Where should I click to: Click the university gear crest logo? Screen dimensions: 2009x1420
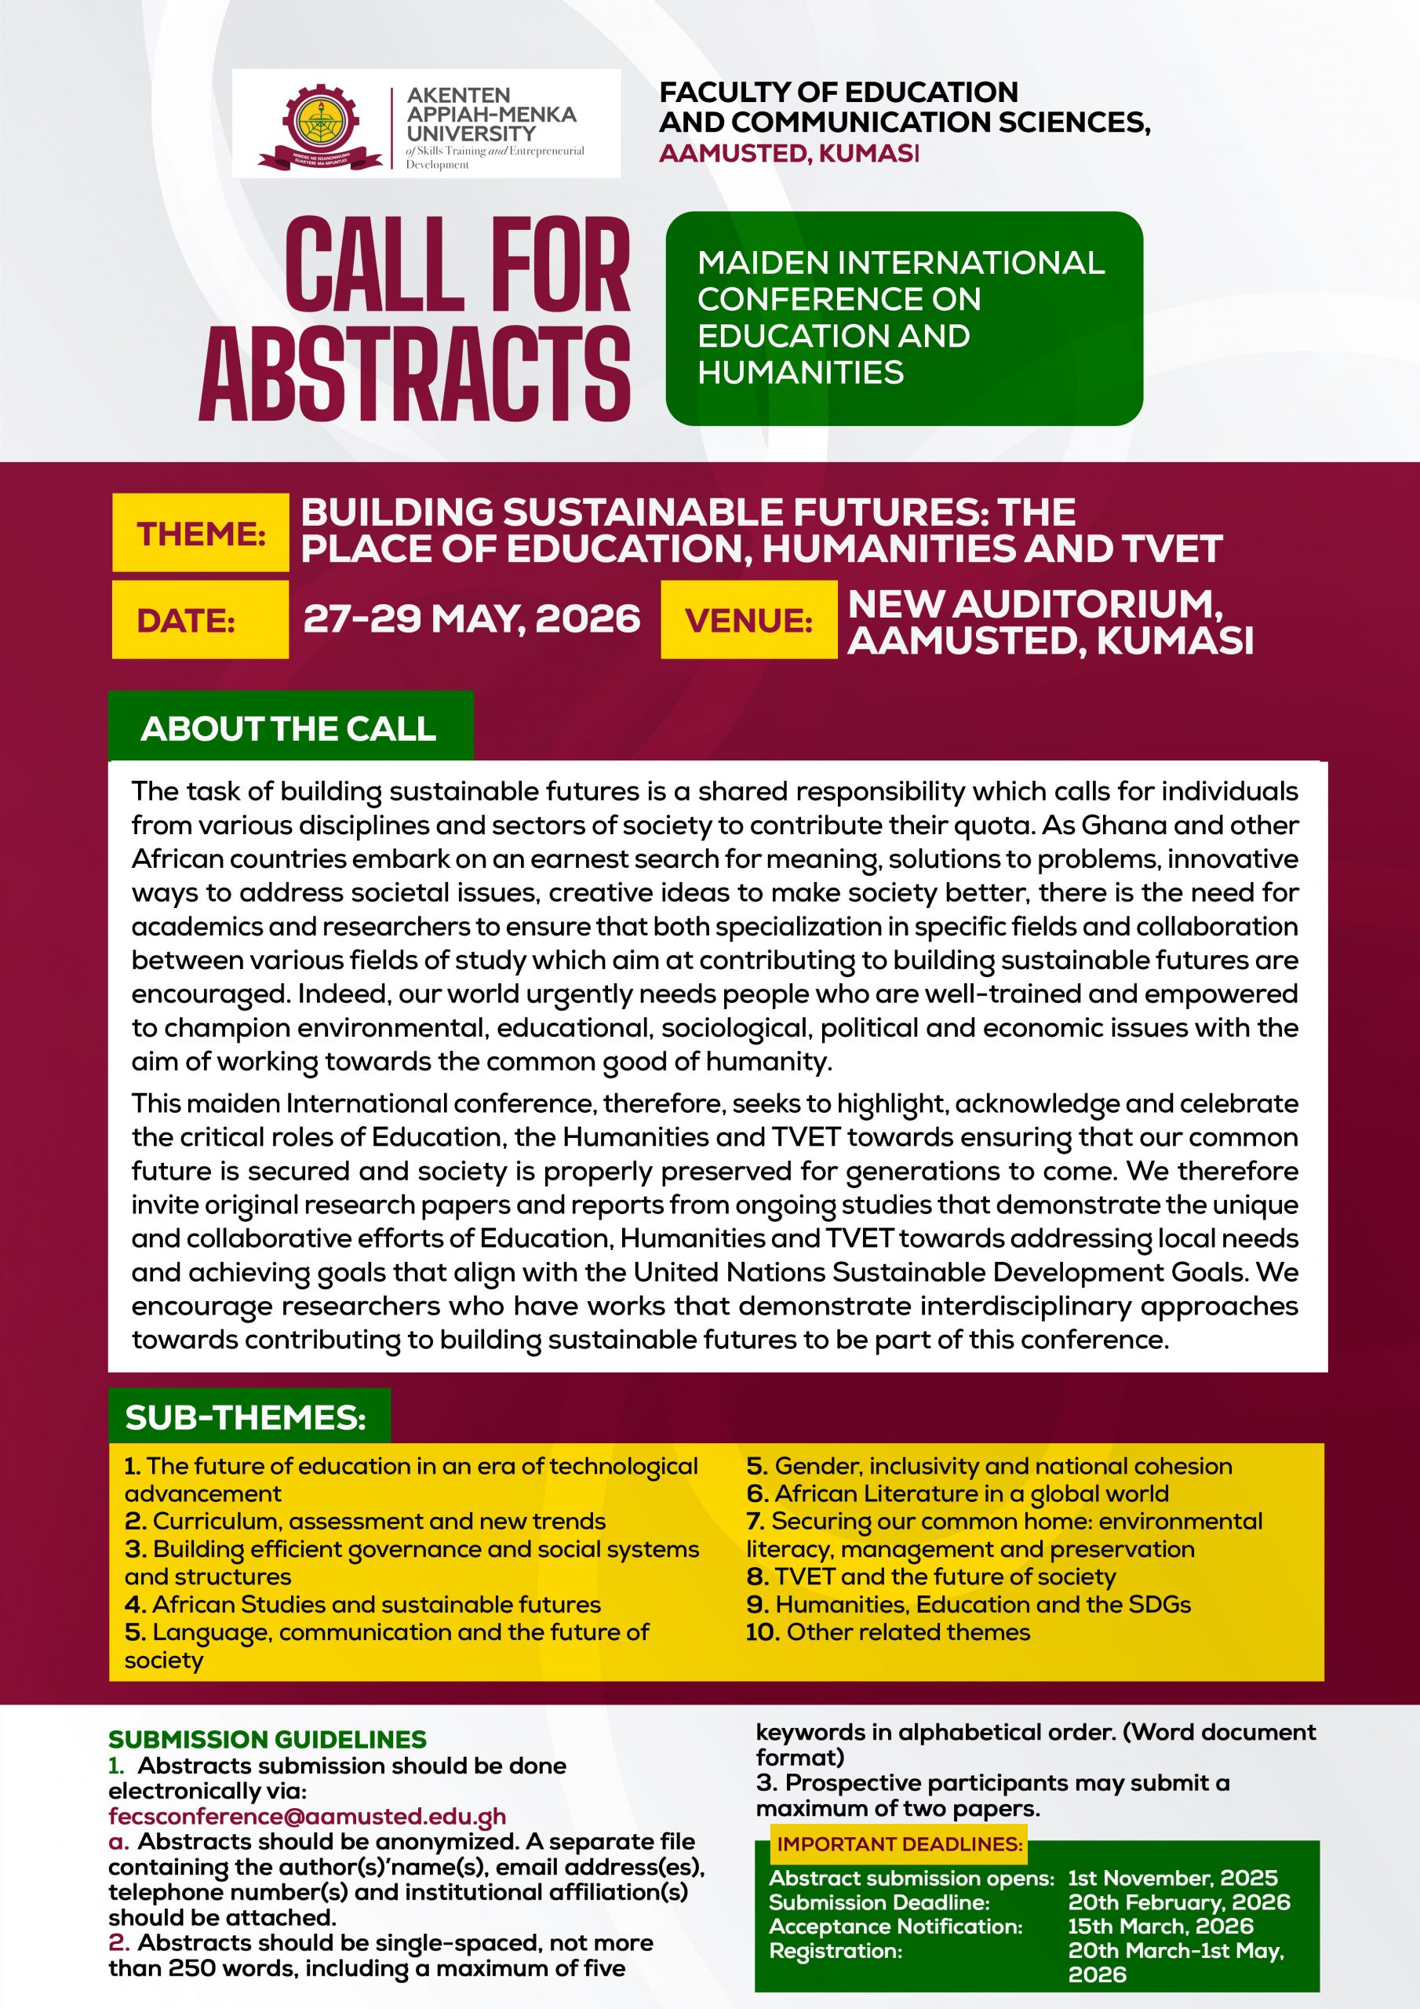tap(320, 124)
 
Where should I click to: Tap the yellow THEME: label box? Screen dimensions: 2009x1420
tap(200, 533)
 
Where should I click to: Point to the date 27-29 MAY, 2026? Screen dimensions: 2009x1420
tap(472, 618)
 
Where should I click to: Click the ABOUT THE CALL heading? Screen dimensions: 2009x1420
tap(289, 728)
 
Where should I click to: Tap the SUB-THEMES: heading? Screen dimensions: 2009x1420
tap(246, 1417)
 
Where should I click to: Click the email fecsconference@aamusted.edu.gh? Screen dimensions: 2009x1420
tap(307, 1817)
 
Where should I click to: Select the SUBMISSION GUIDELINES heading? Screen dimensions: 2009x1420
tap(268, 1738)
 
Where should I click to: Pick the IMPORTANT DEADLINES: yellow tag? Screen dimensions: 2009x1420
tap(899, 1843)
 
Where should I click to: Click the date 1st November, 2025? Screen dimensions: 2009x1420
tap(1172, 1878)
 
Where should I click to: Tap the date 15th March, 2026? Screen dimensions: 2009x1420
tap(1160, 1926)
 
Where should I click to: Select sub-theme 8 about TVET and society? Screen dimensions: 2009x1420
tap(932, 1577)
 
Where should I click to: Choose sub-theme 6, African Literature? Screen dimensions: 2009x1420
tap(958, 1493)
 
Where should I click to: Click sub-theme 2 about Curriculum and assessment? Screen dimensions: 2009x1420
tap(366, 1521)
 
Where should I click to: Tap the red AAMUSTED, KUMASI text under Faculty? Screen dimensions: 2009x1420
tap(789, 152)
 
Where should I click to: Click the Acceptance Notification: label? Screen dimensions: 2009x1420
tap(896, 1926)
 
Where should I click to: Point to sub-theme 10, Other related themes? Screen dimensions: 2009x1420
tap(888, 1632)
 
